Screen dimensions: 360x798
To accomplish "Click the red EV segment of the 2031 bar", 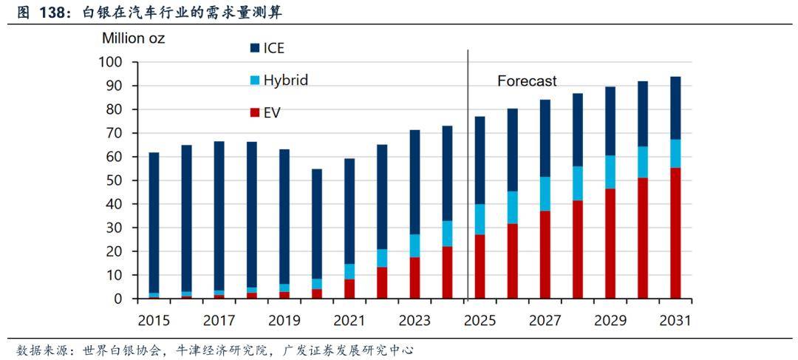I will (x=675, y=233).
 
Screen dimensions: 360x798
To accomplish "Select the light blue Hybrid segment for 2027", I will (x=545, y=194).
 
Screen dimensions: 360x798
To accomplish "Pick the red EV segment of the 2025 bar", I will (x=480, y=266).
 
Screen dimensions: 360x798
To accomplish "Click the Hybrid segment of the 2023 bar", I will (x=415, y=245).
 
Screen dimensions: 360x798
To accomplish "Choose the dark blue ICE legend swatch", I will (x=255, y=48).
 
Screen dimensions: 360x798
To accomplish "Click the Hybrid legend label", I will (x=285, y=80).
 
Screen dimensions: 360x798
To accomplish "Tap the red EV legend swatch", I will (x=255, y=112).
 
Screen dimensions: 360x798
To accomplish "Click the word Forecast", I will (x=527, y=81).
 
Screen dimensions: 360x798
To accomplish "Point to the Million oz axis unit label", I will (x=133, y=38).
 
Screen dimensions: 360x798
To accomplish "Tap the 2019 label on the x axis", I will (x=284, y=321).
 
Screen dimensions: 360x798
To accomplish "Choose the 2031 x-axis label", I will (x=675, y=321).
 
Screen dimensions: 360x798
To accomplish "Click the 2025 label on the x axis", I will (x=480, y=321).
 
